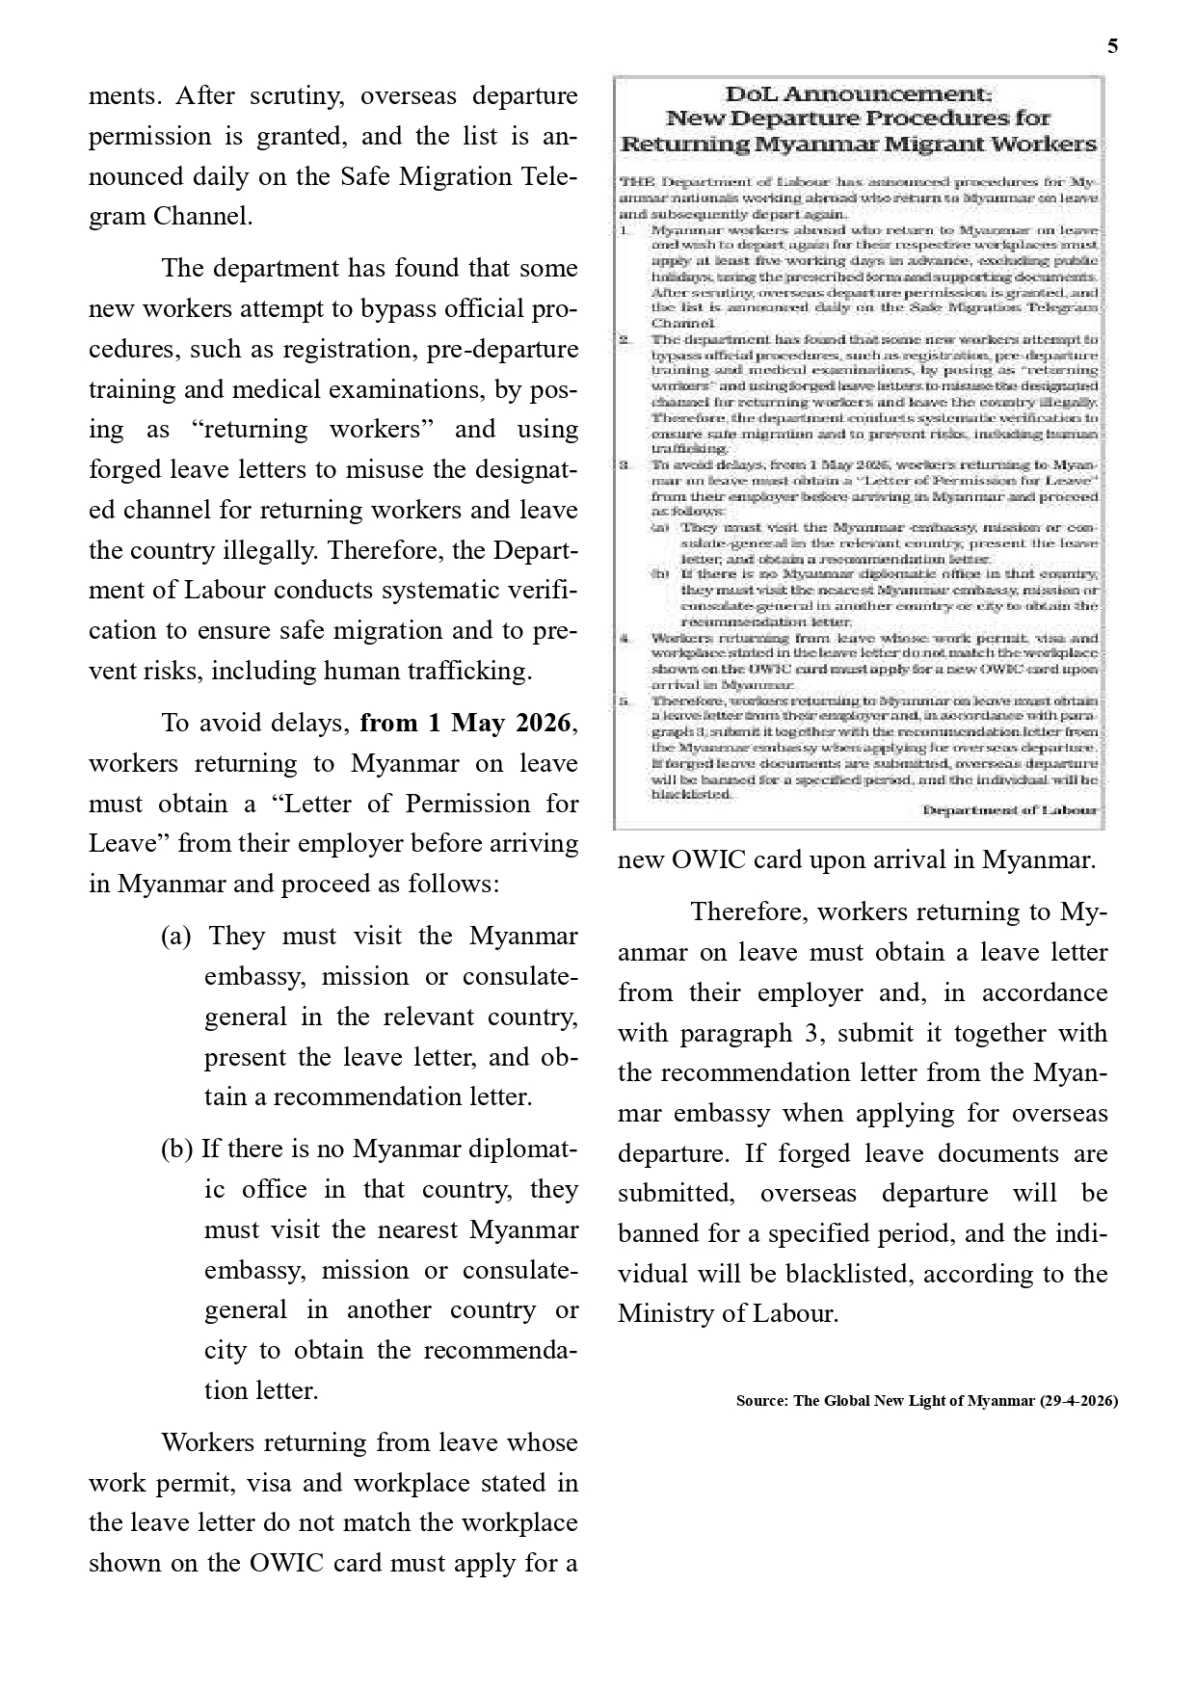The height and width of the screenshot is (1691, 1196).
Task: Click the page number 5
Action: (x=1113, y=46)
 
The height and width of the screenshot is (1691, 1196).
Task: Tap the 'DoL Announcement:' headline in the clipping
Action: (x=858, y=94)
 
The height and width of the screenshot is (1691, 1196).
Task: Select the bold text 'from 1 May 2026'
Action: (x=466, y=723)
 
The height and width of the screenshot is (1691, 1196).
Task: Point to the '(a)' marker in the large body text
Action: (x=176, y=936)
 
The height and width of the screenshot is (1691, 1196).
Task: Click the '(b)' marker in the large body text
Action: (x=177, y=1149)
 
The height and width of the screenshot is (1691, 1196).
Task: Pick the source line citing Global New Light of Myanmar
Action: (x=926, y=1400)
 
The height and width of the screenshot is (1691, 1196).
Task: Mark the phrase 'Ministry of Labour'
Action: (x=728, y=1313)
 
